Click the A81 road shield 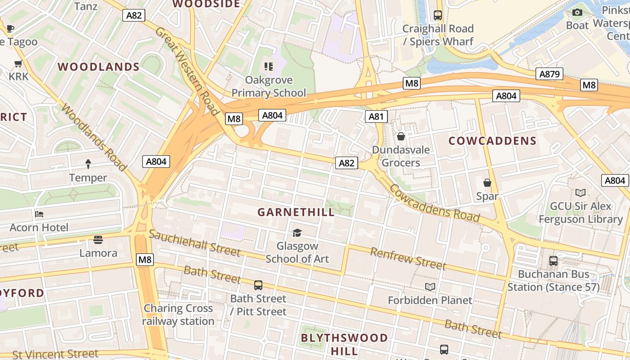tap(376, 117)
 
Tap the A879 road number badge tap(549, 74)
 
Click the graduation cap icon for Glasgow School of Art tap(297, 233)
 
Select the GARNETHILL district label tap(296, 212)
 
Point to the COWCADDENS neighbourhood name tap(492, 141)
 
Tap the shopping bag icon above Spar tap(487, 183)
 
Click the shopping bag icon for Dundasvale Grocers tap(400, 136)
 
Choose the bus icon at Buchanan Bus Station tap(553, 261)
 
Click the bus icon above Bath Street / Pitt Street tap(258, 285)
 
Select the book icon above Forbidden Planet tap(430, 287)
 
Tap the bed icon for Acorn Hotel tap(39, 214)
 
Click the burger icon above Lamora tap(98, 239)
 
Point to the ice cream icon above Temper tap(88, 164)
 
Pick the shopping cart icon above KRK tap(18, 63)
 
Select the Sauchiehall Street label tap(194, 243)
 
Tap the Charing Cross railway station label tap(178, 315)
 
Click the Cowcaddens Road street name tap(435, 203)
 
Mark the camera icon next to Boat tap(577, 12)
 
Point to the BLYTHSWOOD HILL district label tap(344, 344)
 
